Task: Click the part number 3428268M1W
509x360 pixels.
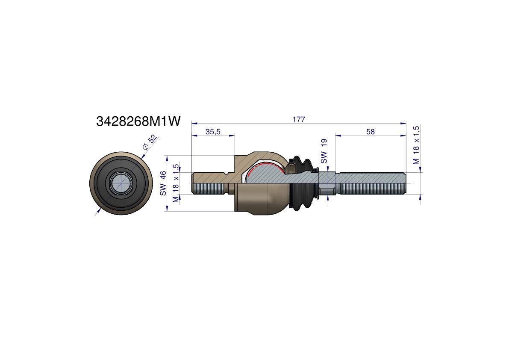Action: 138,121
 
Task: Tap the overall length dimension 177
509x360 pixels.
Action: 299,119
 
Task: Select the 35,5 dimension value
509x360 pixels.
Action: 213,131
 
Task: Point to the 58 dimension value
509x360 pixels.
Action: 370,131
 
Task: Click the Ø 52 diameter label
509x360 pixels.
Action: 150,142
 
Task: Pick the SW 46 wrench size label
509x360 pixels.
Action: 163,183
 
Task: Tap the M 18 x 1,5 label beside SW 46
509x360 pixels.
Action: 176,183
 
